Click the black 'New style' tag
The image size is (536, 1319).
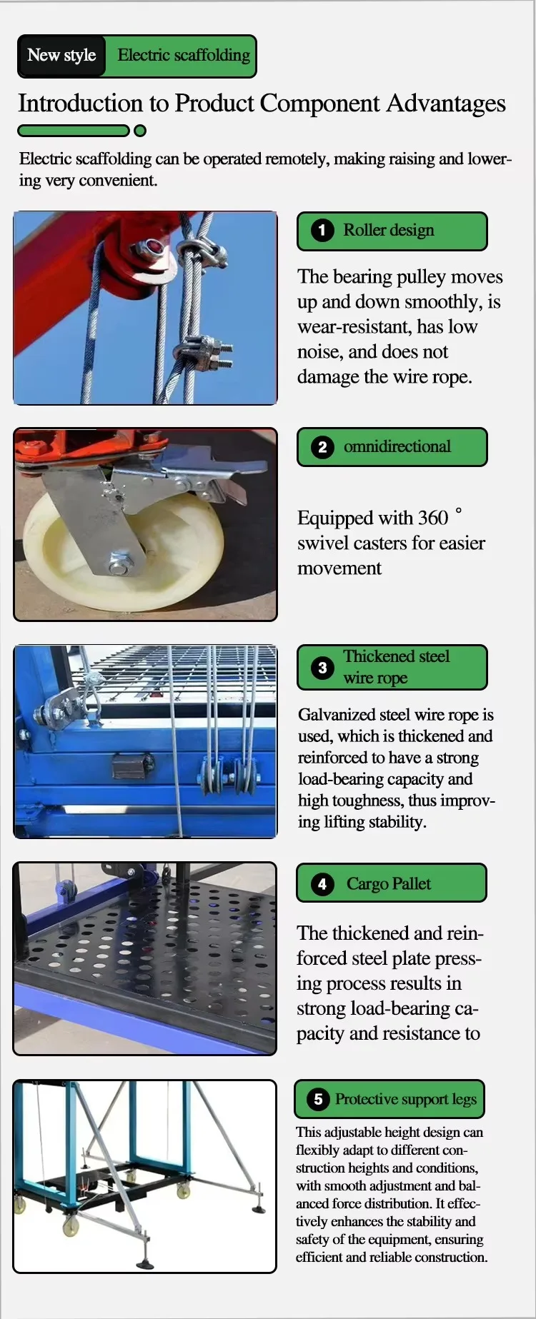tap(61, 56)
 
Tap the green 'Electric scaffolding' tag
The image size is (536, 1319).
tap(182, 56)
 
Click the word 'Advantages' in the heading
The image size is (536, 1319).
tap(446, 104)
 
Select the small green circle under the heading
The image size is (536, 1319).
tap(140, 131)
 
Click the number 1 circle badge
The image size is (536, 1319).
tap(322, 230)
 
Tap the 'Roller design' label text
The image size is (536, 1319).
tap(389, 230)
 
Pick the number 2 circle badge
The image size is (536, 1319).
tap(322, 447)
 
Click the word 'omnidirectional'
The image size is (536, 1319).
tap(397, 446)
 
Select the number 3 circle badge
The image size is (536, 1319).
tap(322, 667)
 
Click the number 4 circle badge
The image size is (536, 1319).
tap(322, 884)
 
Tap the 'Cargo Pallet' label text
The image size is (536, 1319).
tap(389, 884)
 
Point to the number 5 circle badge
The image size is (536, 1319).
tap(318, 1099)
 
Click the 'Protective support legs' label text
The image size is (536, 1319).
tap(406, 1099)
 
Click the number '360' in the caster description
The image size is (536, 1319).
tap(433, 518)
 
